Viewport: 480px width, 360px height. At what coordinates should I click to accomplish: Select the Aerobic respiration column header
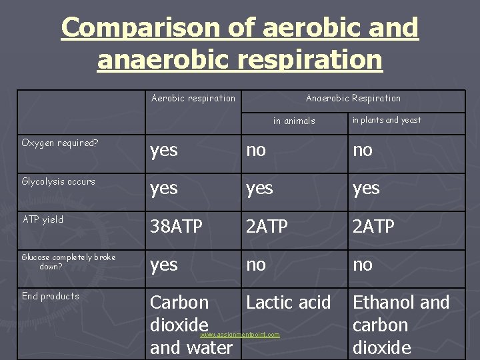coord(193,99)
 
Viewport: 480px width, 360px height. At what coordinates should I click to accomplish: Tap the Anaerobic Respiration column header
coord(353,99)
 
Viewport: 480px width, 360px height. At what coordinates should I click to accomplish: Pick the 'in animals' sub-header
coord(294,121)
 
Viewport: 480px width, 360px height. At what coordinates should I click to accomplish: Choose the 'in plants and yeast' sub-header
coord(387,120)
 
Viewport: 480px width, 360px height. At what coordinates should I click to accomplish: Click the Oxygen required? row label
coord(59,143)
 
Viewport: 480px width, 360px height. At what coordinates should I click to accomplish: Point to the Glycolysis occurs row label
coord(58,181)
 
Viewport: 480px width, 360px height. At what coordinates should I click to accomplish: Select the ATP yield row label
coord(43,219)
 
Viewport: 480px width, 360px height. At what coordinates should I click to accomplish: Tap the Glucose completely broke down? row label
coord(68,261)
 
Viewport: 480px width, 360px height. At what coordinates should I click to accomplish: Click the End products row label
coord(50,296)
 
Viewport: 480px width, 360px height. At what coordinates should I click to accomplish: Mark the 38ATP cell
coord(176,227)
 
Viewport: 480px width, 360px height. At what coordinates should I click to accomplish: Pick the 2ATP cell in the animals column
coord(267,227)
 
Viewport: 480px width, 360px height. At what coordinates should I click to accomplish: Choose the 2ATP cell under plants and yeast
coord(373,227)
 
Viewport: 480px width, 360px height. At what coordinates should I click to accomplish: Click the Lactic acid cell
coord(288,303)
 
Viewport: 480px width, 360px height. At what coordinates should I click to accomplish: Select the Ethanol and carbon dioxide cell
coord(400,325)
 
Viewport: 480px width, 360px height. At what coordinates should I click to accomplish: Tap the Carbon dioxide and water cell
coord(191,325)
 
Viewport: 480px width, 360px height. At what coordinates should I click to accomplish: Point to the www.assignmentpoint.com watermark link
coord(240,334)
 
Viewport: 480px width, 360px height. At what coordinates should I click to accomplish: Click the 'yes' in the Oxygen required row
coord(164,151)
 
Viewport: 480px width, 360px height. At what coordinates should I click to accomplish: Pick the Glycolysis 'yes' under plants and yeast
coord(366,189)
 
